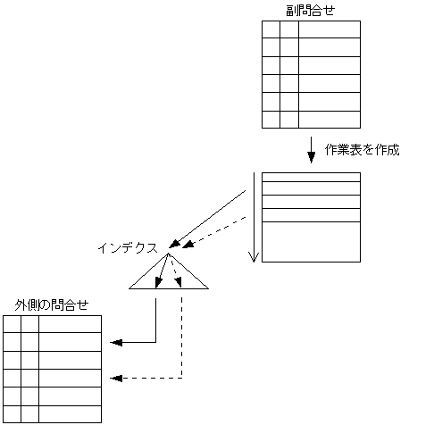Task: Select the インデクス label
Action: pyautogui.click(x=127, y=246)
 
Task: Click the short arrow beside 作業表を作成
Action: pyautogui.click(x=311, y=148)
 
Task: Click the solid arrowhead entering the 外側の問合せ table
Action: pyautogui.click(x=114, y=342)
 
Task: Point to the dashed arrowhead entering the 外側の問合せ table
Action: pyautogui.click(x=114, y=378)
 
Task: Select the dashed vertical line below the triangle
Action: pyautogui.click(x=182, y=335)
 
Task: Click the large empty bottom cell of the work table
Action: pyautogui.click(x=311, y=241)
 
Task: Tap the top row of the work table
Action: pyautogui.click(x=311, y=178)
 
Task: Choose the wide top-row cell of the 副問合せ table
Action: pyautogui.click(x=329, y=29)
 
